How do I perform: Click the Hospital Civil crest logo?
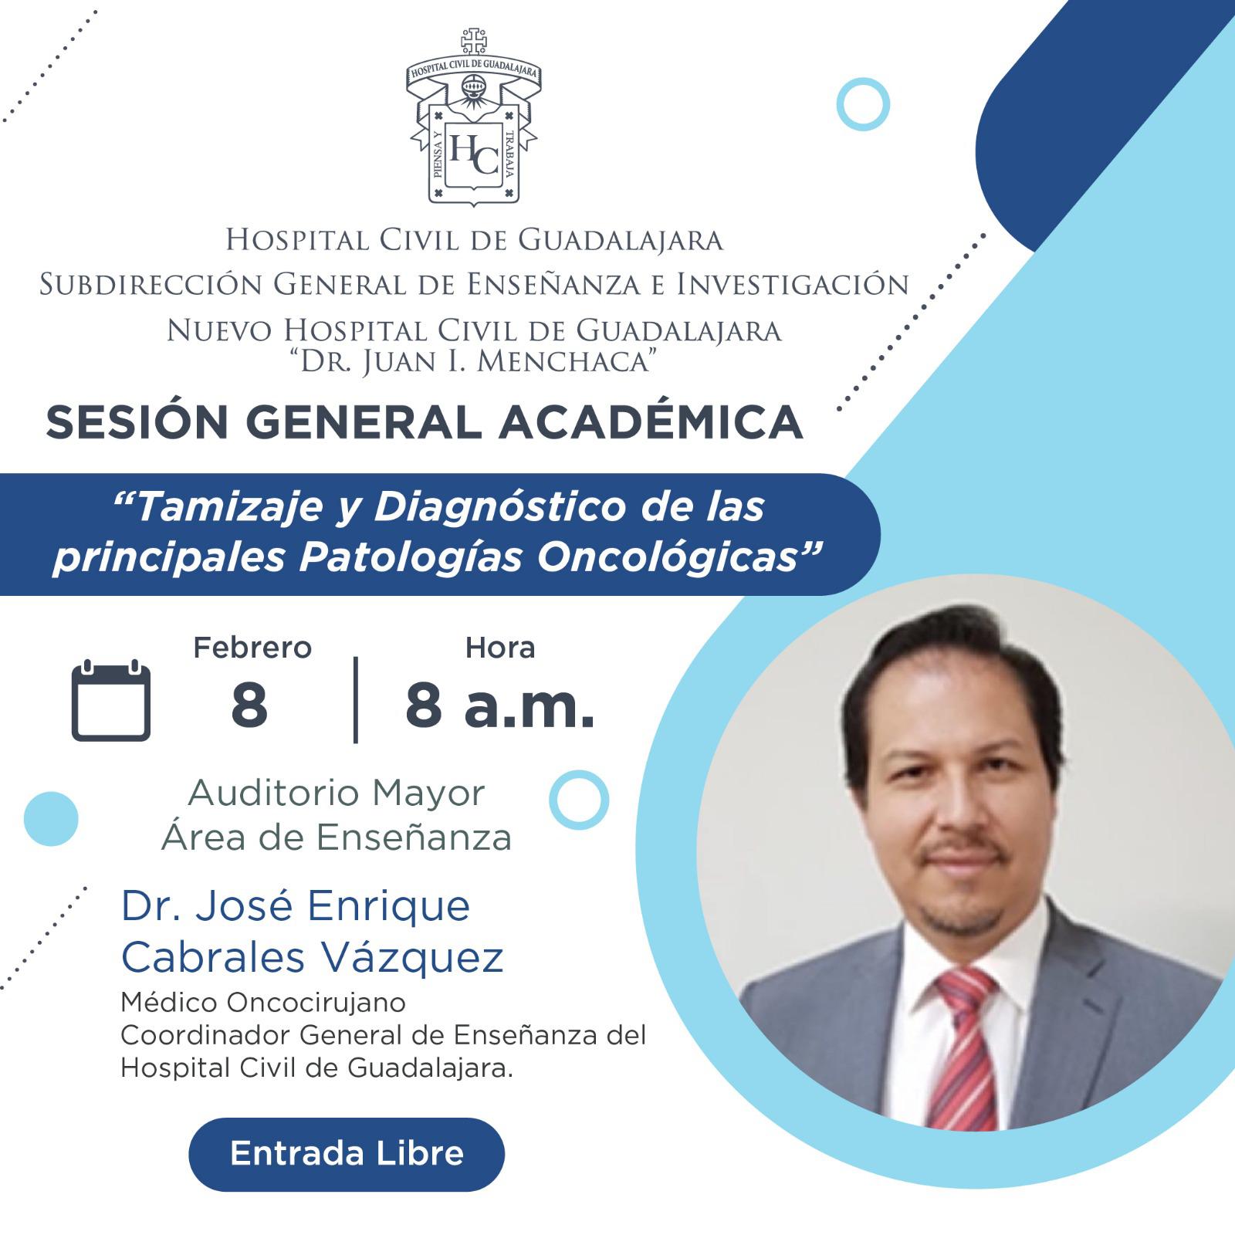(x=472, y=116)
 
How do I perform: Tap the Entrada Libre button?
(x=347, y=1154)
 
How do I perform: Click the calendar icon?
(x=111, y=701)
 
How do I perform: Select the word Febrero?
(x=252, y=648)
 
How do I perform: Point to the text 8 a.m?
(x=500, y=706)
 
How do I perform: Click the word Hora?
(x=500, y=648)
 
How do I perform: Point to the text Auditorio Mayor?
(x=337, y=793)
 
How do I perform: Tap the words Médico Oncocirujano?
(x=263, y=1003)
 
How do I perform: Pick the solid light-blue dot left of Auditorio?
(x=51, y=819)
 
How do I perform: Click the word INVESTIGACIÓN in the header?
(x=793, y=285)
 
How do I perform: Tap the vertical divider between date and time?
(x=356, y=700)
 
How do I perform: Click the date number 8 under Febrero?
(x=249, y=706)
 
